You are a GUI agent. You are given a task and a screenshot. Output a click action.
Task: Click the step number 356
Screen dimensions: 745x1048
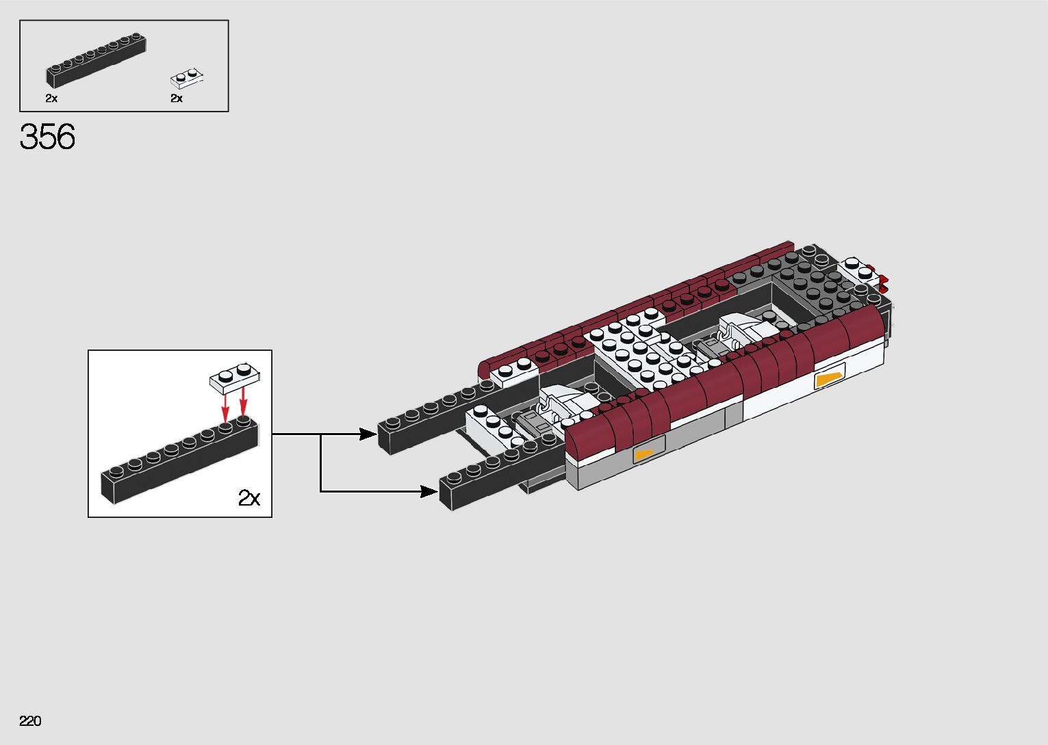pyautogui.click(x=47, y=137)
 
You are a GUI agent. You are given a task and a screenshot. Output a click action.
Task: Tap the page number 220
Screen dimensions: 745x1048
pyautogui.click(x=31, y=721)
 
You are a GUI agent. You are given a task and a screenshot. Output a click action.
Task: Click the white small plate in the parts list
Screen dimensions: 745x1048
pyautogui.click(x=188, y=79)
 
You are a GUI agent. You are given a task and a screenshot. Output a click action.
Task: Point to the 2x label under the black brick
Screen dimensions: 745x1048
pyautogui.click(x=51, y=99)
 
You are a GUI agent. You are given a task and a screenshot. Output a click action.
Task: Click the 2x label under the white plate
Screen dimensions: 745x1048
pyautogui.click(x=177, y=99)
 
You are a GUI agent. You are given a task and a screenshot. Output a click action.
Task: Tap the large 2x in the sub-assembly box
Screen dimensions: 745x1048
pyautogui.click(x=248, y=497)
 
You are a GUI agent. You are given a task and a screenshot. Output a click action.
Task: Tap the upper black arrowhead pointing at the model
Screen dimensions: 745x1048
pyautogui.click(x=369, y=434)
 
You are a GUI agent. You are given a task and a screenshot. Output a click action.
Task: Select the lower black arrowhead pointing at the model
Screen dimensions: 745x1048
pyautogui.click(x=430, y=491)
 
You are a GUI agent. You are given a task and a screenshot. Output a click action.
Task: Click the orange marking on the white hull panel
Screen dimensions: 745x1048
pyautogui.click(x=829, y=379)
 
